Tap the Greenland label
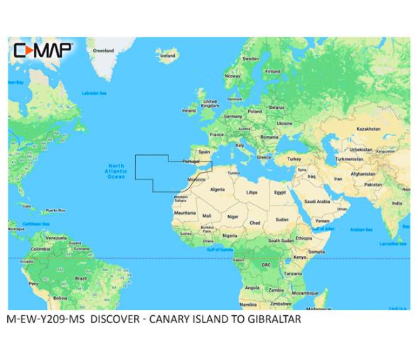tap(104, 51)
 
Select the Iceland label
tap(168, 55)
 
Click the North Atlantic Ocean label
tap(115, 170)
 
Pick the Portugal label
tap(191, 162)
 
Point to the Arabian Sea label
tap(361, 229)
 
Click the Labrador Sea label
tap(93, 93)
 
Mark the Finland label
tap(272, 71)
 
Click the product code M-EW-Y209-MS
tap(45, 319)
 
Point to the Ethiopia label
tap(303, 238)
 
